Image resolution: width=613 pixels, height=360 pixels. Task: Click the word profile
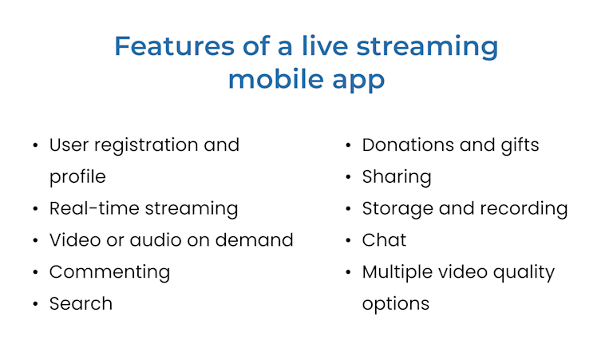pos(77,177)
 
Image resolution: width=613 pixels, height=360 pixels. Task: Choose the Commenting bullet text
pos(109,272)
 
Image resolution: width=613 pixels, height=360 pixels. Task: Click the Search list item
pos(81,304)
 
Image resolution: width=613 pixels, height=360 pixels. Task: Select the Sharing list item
pos(397,177)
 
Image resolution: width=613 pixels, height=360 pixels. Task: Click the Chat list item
pos(384,240)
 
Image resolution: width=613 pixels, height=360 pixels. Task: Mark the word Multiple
pos(396,272)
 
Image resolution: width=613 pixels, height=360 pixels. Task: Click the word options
pos(396,304)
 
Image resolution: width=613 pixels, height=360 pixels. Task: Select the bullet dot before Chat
pos(349,241)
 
